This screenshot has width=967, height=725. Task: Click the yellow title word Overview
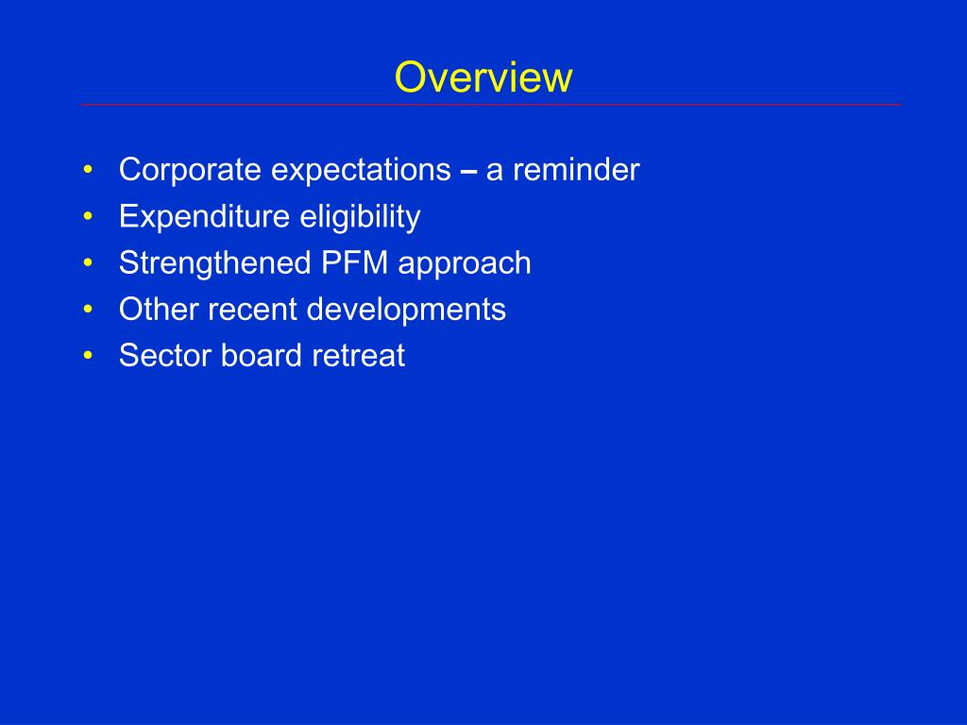coord(483,77)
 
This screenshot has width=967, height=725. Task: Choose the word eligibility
coord(360,217)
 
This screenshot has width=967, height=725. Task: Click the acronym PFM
coord(354,263)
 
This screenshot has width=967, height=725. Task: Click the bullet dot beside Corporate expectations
coord(88,172)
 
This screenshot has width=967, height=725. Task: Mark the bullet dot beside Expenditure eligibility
coord(88,218)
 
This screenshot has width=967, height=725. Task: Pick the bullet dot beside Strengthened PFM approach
coord(88,264)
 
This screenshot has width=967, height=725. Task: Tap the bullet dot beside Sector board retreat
coord(88,357)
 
